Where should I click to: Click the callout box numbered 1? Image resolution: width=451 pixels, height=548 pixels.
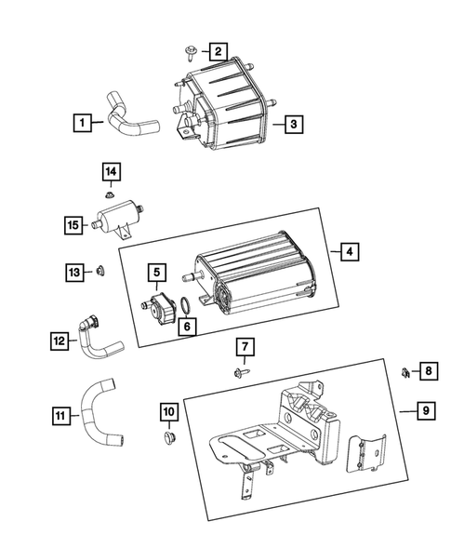point(83,123)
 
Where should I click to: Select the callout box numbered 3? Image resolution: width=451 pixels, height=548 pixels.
point(294,124)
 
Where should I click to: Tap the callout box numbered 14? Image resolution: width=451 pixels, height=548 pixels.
point(112,171)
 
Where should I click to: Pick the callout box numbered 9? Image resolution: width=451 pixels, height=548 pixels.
point(426,410)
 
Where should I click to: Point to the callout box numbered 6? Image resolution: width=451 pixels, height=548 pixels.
point(187,327)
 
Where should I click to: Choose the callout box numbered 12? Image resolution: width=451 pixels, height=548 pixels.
point(59,341)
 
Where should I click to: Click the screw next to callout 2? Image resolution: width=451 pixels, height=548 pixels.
point(191,53)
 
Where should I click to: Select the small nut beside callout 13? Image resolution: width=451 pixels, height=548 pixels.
point(100,271)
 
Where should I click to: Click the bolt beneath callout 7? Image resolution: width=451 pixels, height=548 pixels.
point(242,372)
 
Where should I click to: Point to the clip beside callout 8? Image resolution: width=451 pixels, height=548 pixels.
point(405,373)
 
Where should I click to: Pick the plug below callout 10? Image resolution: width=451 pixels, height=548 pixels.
point(170,437)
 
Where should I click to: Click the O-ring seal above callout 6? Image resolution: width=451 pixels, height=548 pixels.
point(185,305)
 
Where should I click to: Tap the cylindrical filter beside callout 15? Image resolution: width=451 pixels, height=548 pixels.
point(118,218)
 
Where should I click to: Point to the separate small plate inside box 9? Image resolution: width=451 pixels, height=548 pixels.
point(365,453)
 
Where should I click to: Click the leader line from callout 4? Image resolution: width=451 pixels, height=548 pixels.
point(336,252)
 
